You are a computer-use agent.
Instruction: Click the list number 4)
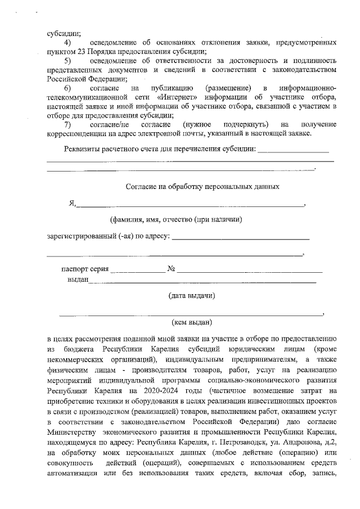click(x=67, y=43)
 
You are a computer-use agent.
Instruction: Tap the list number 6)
click(x=67, y=88)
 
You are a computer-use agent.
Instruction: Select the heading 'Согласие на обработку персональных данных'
click(x=202, y=186)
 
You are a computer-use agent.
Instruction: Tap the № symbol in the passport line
click(x=172, y=269)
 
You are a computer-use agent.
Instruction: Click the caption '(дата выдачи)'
click(x=191, y=295)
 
